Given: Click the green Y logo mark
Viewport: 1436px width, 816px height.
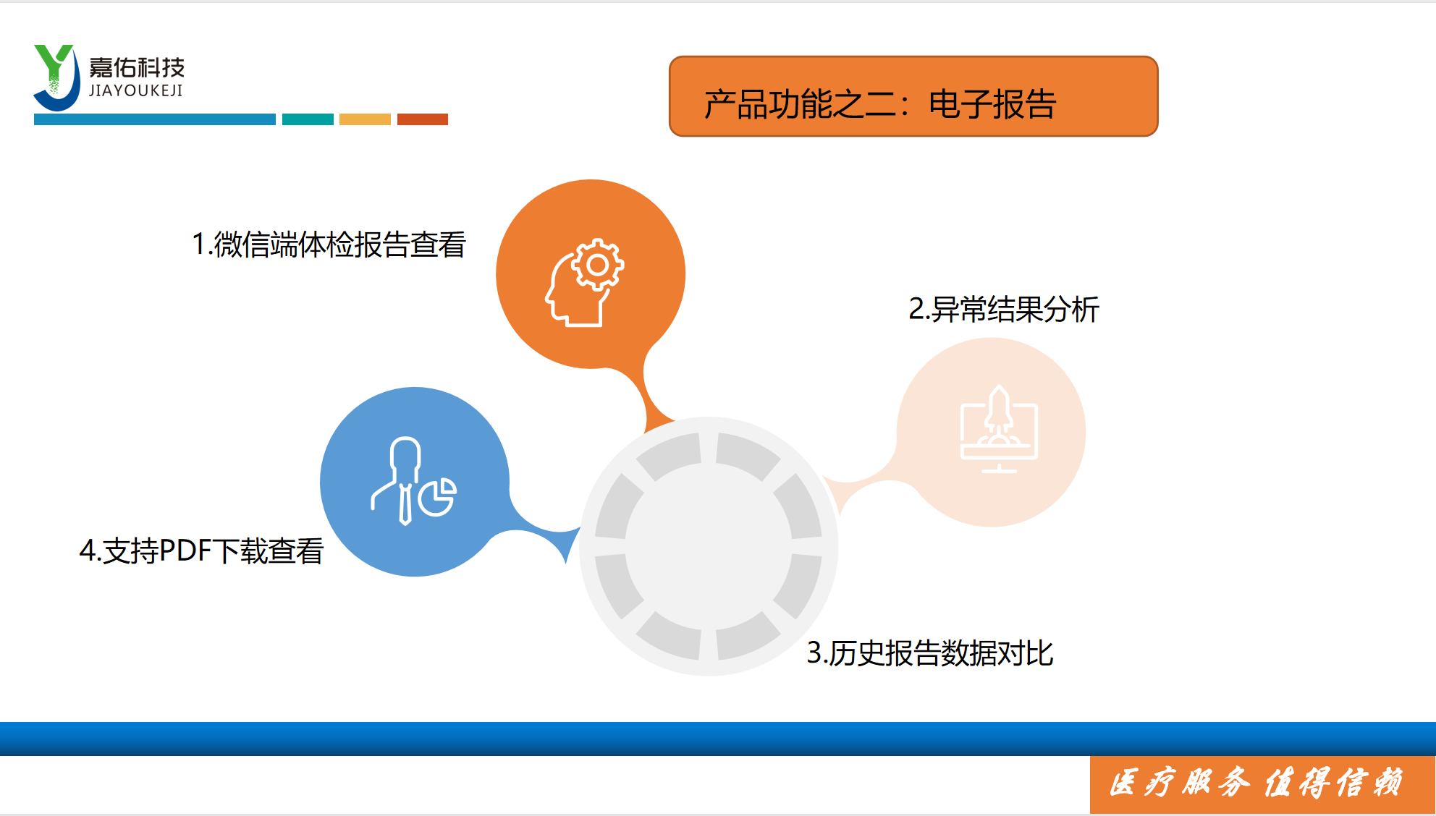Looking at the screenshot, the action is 55,77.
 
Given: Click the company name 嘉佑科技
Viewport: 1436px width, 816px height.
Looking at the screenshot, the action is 137,67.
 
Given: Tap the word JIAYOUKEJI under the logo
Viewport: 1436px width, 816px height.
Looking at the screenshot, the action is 136,90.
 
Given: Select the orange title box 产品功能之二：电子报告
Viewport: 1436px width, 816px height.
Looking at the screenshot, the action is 913,96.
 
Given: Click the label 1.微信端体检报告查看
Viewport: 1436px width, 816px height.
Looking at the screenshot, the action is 329,245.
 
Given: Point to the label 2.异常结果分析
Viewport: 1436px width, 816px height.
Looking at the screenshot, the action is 1004,309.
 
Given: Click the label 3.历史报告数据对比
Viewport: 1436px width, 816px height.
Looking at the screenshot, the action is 930,653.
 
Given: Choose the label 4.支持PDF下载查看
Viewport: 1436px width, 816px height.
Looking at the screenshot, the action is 201,551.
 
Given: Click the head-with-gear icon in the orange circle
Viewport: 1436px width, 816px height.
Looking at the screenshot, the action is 585,282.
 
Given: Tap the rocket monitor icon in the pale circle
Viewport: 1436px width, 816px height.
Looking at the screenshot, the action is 999,428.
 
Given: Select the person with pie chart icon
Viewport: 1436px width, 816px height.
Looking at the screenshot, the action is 413,481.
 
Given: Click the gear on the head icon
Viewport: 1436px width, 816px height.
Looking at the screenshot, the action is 598,265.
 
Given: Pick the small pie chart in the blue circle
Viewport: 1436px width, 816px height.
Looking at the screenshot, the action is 438,496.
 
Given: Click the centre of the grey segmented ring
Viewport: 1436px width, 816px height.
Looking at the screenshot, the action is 709,546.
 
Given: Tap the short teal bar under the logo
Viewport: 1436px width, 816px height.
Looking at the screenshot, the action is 308,119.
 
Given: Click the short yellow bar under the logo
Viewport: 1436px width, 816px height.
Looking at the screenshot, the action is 365,119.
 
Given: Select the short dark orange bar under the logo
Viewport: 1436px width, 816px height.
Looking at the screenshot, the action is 423,119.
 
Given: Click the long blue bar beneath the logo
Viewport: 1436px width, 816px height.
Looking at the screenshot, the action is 155,119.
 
